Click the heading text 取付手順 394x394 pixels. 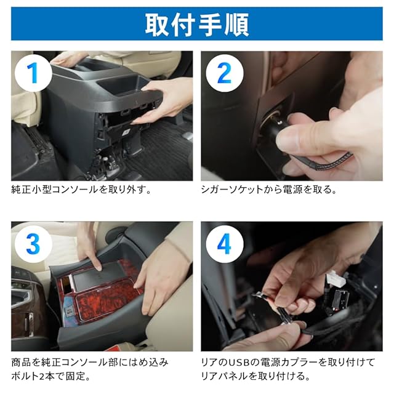pos(197,25)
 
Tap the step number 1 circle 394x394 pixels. pos(33,73)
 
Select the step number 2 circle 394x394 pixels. pos(224,73)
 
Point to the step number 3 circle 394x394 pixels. pos(33,244)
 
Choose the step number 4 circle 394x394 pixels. pos(224,244)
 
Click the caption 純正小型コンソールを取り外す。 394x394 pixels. pos(82,190)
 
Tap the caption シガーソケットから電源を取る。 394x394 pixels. pos(269,190)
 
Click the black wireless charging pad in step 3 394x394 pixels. pos(99,276)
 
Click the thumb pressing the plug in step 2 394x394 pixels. pos(302,137)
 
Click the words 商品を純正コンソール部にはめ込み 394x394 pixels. pos(90,363)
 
